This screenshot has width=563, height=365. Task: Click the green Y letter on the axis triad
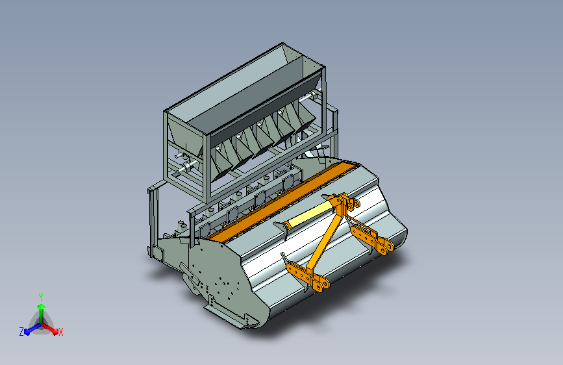(41, 297)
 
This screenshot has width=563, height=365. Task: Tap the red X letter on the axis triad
(60, 333)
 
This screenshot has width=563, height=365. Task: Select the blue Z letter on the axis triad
(21, 332)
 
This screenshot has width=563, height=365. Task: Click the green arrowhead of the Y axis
(41, 307)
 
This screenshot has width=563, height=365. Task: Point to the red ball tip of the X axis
(55, 331)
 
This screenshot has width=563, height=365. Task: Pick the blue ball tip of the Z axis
(27, 331)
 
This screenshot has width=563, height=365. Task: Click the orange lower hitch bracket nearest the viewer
(308, 275)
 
